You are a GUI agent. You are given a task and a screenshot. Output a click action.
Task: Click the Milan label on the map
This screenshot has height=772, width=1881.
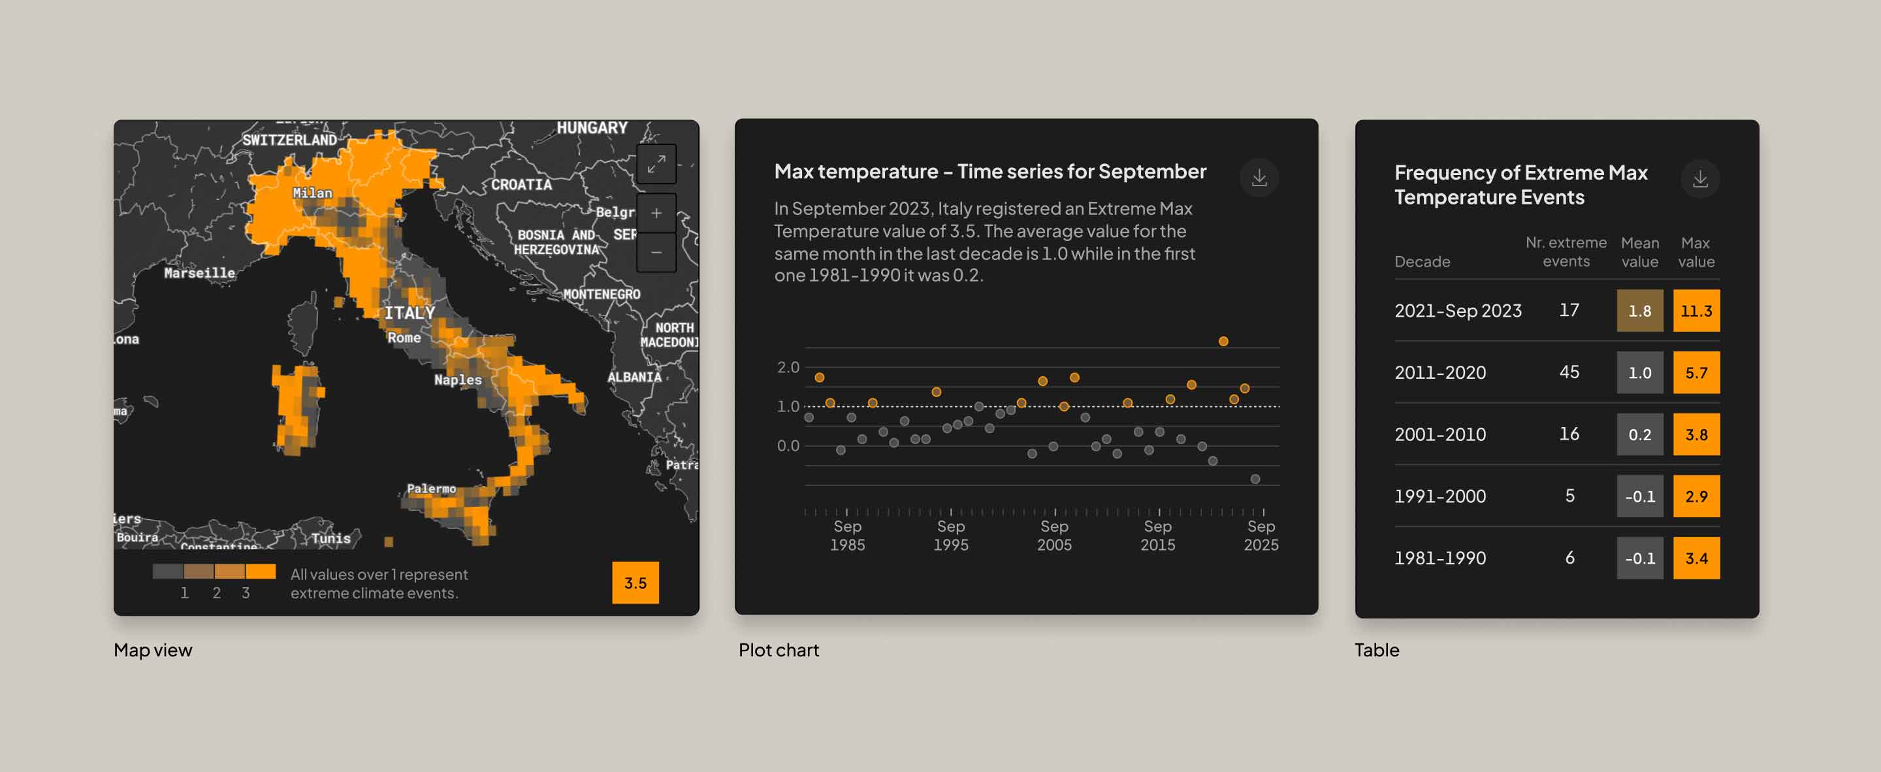tap(313, 193)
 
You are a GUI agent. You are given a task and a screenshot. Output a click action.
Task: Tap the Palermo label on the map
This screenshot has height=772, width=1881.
tap(431, 488)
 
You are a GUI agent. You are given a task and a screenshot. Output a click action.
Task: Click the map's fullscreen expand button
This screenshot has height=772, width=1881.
tap(656, 163)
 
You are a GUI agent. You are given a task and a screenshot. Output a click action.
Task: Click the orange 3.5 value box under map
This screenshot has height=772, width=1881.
tap(635, 582)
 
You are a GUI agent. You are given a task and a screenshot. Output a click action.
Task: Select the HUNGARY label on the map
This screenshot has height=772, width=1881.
tap(592, 128)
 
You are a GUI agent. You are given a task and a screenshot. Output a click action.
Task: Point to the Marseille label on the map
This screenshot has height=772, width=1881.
tap(199, 272)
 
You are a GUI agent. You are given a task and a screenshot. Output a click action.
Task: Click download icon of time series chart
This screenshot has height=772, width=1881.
tap(1259, 178)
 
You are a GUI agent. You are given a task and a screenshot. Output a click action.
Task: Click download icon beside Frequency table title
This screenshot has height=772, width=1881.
tap(1699, 179)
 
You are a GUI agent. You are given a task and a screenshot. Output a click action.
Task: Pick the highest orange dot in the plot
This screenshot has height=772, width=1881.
tap(1223, 341)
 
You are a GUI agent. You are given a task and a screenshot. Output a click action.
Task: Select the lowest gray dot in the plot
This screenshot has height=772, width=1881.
tap(1255, 479)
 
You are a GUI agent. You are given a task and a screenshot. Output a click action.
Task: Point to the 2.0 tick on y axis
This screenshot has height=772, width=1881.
tap(788, 367)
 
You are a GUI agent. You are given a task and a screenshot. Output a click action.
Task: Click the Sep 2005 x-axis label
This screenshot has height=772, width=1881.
tap(1053, 536)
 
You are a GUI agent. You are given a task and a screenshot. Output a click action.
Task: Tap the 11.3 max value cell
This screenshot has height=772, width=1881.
tap(1696, 310)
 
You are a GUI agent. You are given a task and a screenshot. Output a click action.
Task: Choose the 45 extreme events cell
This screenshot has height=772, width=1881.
tap(1568, 372)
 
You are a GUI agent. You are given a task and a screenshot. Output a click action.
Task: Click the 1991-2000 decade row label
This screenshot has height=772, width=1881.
tap(1439, 496)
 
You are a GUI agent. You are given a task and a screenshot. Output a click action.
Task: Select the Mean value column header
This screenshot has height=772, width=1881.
tap(1639, 252)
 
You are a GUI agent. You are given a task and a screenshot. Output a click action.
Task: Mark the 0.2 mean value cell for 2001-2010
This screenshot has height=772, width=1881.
tap(1639, 434)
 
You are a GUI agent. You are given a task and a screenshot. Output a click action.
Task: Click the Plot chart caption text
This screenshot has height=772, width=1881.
tap(779, 649)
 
